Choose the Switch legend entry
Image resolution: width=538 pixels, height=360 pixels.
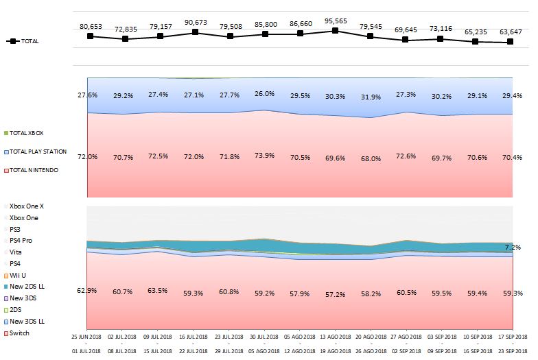[x=20, y=333]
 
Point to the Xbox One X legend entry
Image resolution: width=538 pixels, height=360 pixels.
[x=27, y=206]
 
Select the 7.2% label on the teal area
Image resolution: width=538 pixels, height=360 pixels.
[x=513, y=247]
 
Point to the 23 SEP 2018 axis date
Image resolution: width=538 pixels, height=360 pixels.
[x=511, y=350]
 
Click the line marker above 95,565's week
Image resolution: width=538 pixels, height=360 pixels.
[x=335, y=30]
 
